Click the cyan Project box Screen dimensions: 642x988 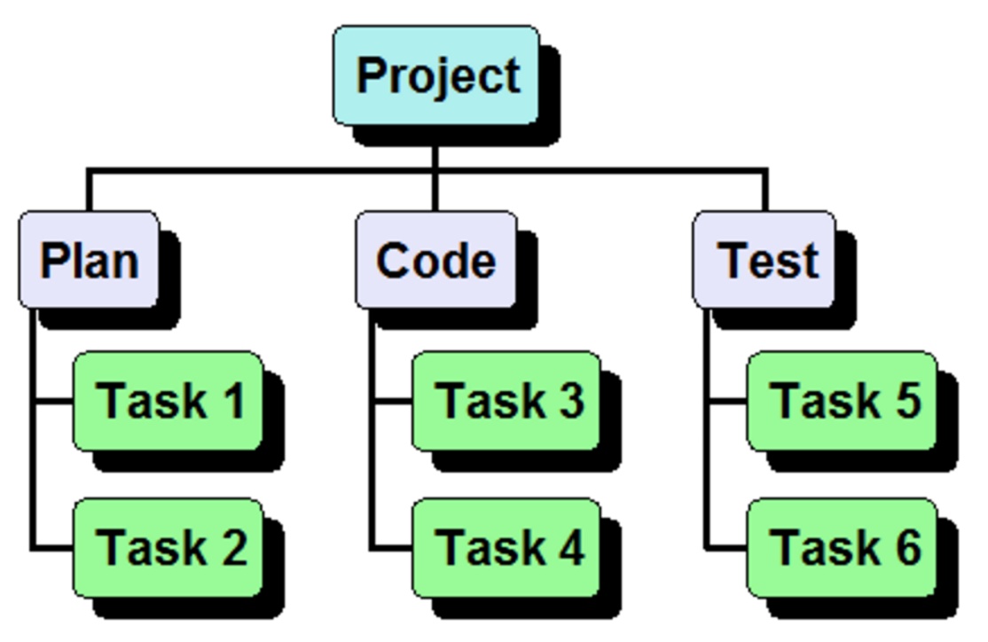coord(435,75)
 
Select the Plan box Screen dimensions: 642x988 coord(89,260)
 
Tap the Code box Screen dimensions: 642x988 coord(435,260)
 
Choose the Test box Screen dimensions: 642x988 coord(765,260)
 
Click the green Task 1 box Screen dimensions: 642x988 coord(169,401)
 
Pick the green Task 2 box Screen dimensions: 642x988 coord(169,547)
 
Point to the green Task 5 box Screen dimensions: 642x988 coord(843,401)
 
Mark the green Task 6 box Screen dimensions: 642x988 coord(843,547)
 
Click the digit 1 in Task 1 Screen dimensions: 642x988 coord(232,401)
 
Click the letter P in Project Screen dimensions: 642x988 coord(373,75)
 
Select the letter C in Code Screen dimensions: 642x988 coord(394,261)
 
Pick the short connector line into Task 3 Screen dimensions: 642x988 coord(392,402)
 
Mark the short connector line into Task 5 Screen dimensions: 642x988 coord(727,402)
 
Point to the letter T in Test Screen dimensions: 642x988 coord(734,260)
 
